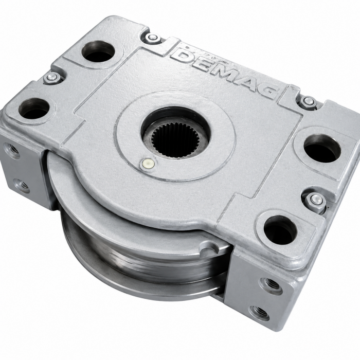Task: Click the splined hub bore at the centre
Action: click(x=175, y=139)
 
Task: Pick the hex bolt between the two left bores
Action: click(x=51, y=77)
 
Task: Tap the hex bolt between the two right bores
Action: click(x=315, y=199)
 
